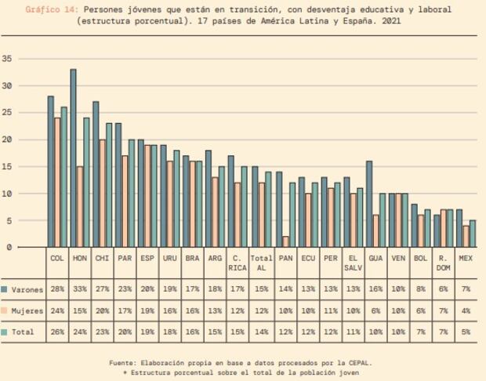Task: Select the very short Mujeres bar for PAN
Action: [285, 241]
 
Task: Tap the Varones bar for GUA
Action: [368, 204]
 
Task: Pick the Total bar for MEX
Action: [473, 234]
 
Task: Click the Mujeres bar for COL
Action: [57, 183]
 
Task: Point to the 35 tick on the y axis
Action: [7, 59]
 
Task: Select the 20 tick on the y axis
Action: [7, 140]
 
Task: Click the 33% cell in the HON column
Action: [79, 288]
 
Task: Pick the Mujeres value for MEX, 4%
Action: [466, 310]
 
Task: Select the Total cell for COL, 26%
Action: [57, 332]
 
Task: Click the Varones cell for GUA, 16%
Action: [375, 288]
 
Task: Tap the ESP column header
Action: [148, 257]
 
